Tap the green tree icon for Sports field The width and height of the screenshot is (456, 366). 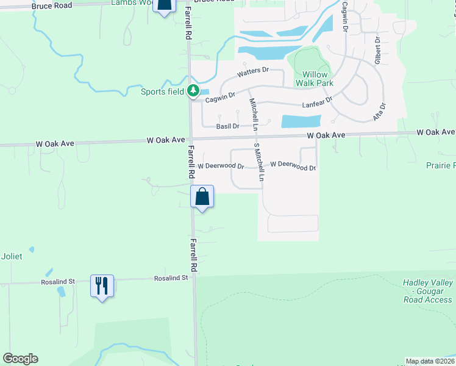coord(193,91)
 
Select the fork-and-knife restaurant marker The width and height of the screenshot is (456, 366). coord(101,285)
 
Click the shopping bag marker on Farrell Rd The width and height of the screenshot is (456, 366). coord(202,197)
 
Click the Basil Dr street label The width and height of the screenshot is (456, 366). coord(227,126)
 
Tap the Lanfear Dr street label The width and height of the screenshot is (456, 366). coord(318,102)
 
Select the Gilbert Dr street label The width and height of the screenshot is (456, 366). coord(377,50)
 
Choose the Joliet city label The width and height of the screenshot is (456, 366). coord(12,256)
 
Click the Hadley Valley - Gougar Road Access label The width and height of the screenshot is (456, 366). coord(427,291)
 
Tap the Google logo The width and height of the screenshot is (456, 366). coord(20,359)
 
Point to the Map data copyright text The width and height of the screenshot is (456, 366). coord(430,361)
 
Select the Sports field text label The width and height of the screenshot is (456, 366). coord(162,92)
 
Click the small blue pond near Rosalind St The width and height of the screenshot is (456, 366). coord(61,291)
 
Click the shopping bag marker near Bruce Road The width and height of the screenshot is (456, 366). coord(163,7)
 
